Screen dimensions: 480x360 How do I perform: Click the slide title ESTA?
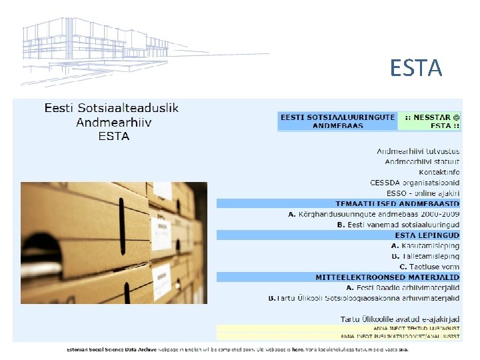pos(416,68)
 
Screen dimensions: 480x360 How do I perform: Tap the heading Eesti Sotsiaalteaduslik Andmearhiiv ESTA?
pos(111,121)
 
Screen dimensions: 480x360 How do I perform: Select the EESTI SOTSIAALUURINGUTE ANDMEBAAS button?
pos(337,121)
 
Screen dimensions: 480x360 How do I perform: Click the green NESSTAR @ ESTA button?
pos(429,121)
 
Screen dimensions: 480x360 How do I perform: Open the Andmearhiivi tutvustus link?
pos(418,151)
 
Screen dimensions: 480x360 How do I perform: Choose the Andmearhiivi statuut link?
pos(422,161)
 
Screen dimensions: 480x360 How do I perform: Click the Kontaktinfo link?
pos(439,172)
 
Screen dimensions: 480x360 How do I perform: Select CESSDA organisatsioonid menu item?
pos(415,182)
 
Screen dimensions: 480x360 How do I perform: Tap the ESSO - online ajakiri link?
pos(419,193)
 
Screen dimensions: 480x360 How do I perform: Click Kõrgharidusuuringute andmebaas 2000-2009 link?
pos(374,214)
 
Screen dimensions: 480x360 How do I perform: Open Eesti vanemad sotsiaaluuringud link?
pos(398,225)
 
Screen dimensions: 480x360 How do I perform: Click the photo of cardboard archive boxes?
pos(114,243)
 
